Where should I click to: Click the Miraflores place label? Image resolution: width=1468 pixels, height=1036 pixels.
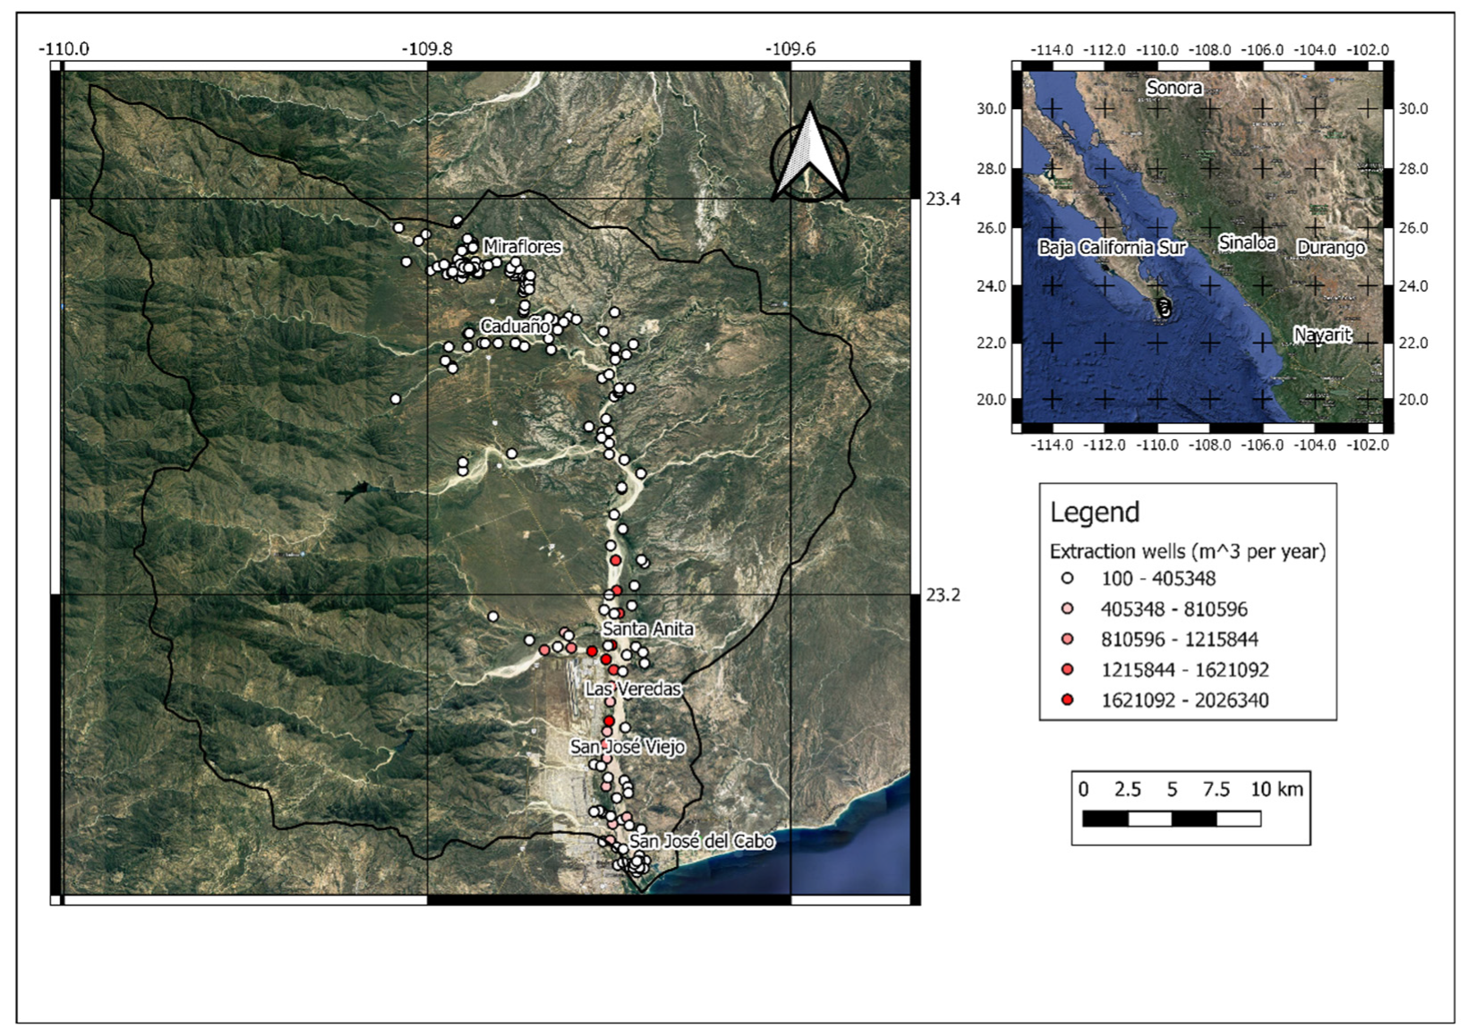[x=522, y=246]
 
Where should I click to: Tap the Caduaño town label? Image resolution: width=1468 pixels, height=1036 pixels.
[x=515, y=327]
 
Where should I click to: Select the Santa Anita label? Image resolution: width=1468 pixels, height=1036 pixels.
[x=647, y=629]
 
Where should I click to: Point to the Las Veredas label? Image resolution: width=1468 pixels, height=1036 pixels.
[x=633, y=689]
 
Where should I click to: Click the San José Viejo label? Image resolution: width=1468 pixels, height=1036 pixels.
[x=627, y=747]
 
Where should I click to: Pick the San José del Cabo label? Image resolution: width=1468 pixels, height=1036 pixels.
[x=701, y=841]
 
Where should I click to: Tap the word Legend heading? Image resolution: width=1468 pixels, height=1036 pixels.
[x=1094, y=513]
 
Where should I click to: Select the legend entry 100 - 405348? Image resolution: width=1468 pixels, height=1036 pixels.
[x=1157, y=579]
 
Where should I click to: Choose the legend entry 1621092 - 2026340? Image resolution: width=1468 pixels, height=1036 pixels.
[x=1183, y=701]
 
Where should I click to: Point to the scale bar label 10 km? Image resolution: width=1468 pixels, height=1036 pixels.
[x=1276, y=789]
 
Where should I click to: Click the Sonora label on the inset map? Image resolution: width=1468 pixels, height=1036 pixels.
[x=1174, y=88]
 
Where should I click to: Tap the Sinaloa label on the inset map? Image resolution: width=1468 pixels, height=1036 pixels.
[x=1247, y=242]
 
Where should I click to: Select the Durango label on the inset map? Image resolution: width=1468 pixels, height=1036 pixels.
[x=1330, y=247]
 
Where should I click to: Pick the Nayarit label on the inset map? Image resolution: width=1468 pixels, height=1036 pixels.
[x=1322, y=335]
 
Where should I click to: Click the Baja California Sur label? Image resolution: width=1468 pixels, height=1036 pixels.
[x=1112, y=247]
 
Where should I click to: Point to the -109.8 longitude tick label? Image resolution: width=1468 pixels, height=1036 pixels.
[x=427, y=48]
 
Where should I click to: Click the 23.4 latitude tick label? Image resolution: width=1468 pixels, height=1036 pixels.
[x=943, y=199]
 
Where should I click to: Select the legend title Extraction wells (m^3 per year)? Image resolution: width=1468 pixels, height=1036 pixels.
[x=1187, y=551]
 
